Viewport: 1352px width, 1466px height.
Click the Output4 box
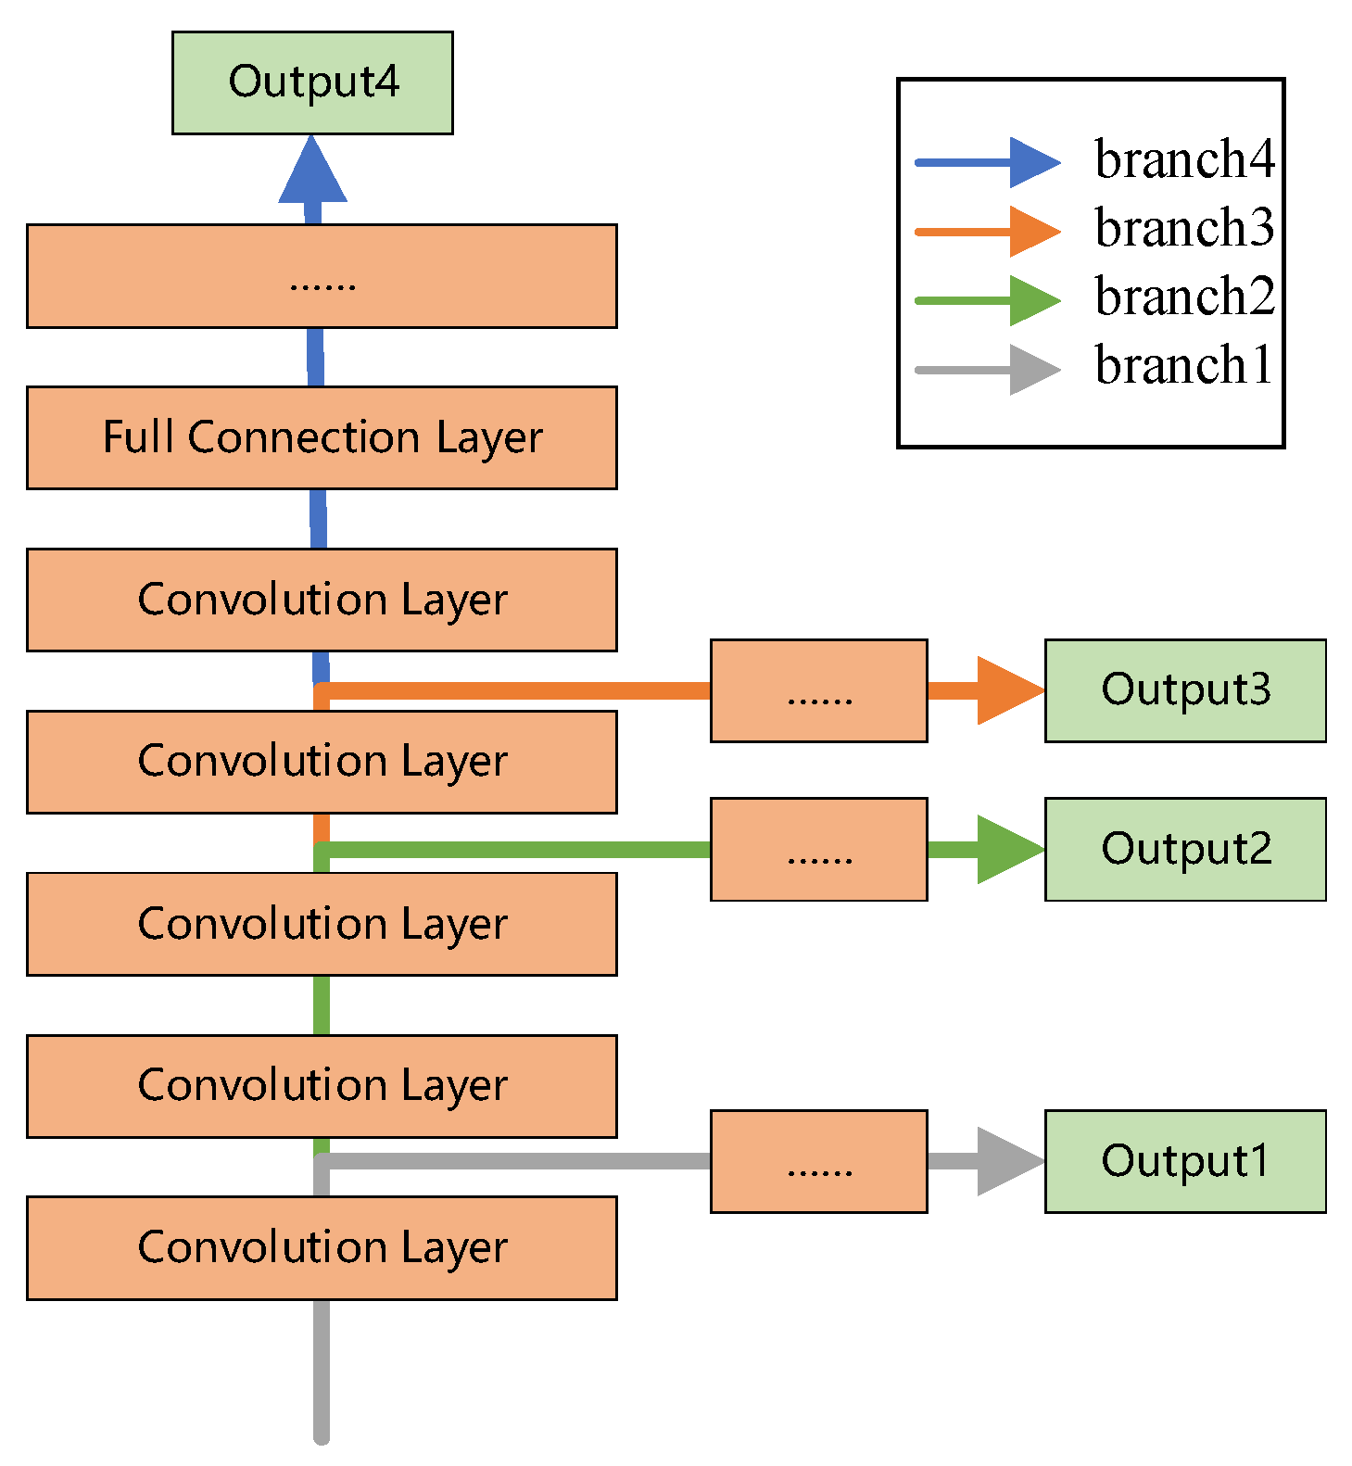pos(312,82)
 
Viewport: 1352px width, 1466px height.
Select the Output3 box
pos(1185,690)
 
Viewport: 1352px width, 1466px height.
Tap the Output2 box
pos(1185,849)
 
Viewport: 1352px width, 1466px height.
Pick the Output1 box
pos(1185,1161)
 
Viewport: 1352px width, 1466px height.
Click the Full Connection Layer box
pos(322,437)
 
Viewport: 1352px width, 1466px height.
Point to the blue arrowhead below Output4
pos(313,172)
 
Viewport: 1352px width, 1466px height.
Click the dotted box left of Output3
pos(818,690)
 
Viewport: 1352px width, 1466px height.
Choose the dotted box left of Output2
pos(818,849)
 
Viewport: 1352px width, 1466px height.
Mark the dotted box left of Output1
pos(818,1161)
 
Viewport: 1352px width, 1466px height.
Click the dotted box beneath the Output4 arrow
pos(322,276)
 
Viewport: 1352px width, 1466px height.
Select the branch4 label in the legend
pos(1184,159)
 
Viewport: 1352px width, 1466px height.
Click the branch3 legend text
pos(1184,228)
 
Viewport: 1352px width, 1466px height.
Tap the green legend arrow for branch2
pos(987,300)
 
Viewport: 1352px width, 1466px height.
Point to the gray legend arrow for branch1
pos(987,370)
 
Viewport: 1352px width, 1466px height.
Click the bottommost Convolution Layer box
pos(322,1247)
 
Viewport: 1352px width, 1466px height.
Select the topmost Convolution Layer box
pos(322,600)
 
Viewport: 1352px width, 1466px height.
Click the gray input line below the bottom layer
pos(322,1371)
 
